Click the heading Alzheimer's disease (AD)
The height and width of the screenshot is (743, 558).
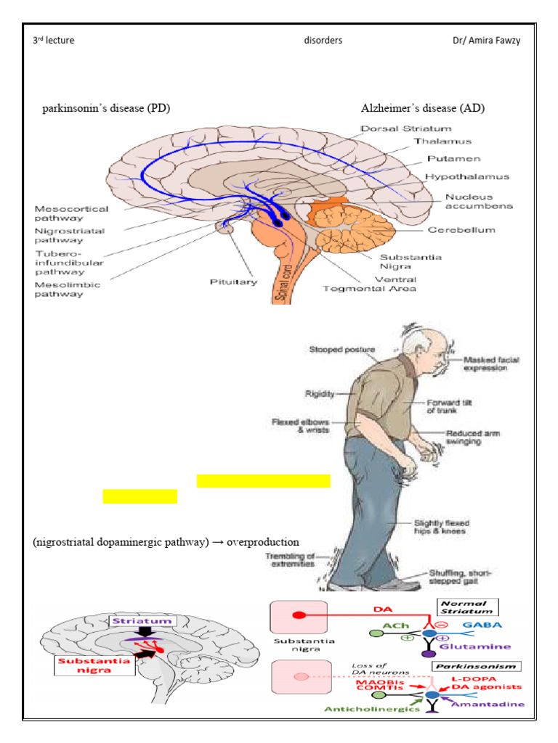[423, 108]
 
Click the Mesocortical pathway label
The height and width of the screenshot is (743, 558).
[71, 214]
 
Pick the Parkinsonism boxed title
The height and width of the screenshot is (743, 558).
[465, 665]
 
